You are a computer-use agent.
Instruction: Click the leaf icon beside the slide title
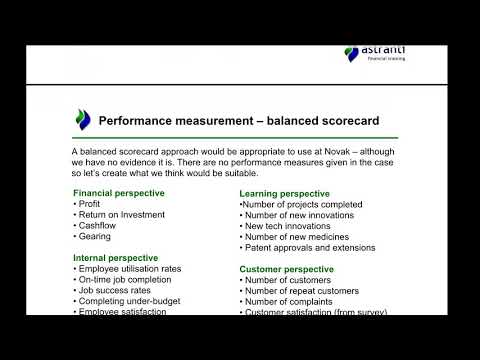pos(83,120)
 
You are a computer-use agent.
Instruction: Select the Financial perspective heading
pos(119,192)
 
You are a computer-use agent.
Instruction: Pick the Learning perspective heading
pos(284,192)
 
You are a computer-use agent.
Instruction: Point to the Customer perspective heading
pos(288,269)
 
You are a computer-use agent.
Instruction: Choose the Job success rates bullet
pos(113,291)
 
